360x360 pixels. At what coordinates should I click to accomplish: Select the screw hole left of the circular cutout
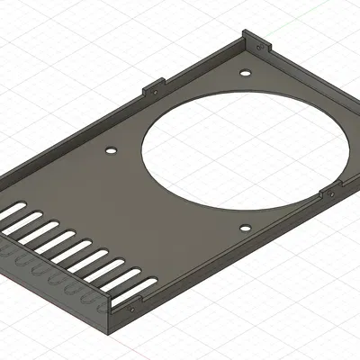(x=112, y=150)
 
